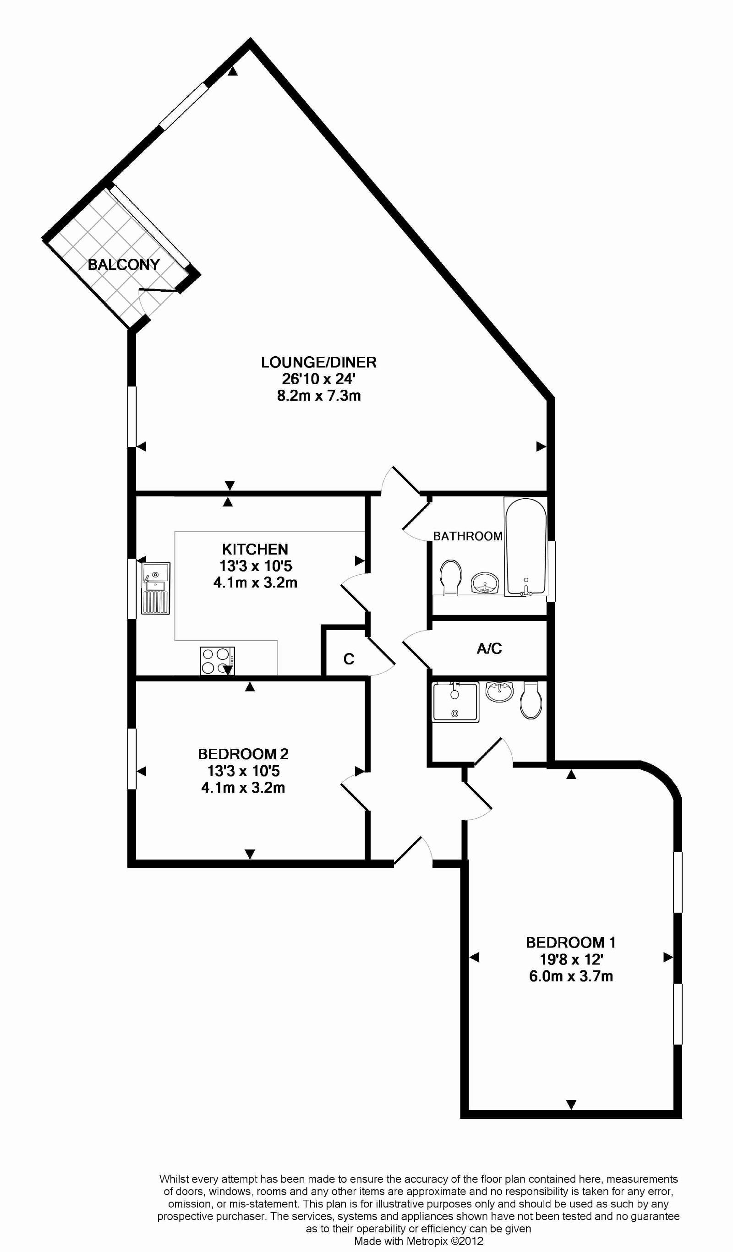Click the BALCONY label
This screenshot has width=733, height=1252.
[x=124, y=264]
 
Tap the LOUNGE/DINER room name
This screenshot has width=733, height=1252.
[x=318, y=362]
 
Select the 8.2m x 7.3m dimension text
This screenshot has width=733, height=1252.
[x=318, y=396]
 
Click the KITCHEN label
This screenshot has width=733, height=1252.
[x=255, y=549]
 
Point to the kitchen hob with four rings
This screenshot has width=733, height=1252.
[x=217, y=661]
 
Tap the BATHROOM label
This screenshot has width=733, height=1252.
[x=467, y=536]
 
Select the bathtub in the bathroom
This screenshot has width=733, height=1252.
[x=526, y=546]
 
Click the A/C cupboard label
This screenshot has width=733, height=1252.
[x=489, y=648]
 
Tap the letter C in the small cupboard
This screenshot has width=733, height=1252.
[x=349, y=659]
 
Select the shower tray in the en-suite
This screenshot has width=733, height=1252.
[x=455, y=702]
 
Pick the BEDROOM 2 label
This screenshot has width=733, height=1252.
[x=243, y=754]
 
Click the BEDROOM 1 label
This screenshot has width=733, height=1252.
[x=570, y=942]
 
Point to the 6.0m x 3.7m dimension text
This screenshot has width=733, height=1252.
[x=570, y=976]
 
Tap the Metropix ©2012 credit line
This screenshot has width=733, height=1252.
[x=418, y=1240]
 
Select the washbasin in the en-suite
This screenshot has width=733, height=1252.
[x=499, y=691]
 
